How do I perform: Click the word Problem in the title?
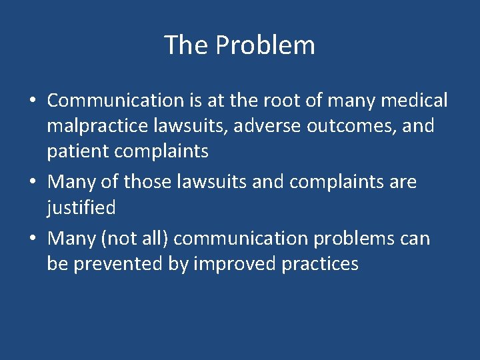[265, 45]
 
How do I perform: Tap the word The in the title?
[187, 45]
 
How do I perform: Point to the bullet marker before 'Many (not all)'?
[33, 239]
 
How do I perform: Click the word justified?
[81, 207]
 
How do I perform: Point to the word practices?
[320, 263]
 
